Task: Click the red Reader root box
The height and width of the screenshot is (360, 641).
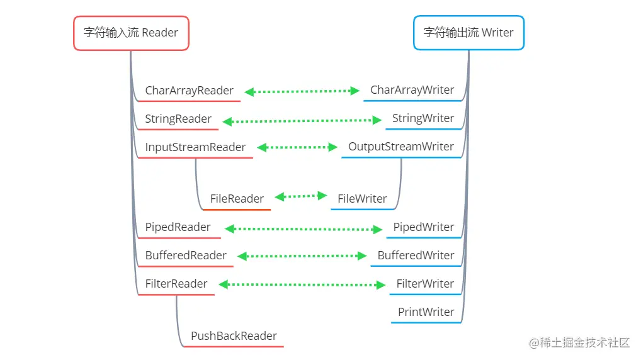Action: click(x=131, y=33)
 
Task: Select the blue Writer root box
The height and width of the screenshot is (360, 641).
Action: click(x=469, y=33)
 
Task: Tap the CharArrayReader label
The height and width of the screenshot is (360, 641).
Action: click(x=190, y=91)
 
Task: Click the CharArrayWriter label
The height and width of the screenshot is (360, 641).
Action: click(x=412, y=90)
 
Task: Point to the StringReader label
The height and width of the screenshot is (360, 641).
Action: click(x=178, y=119)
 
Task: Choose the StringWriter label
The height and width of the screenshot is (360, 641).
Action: click(x=423, y=118)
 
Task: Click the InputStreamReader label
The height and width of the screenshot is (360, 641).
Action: click(x=195, y=147)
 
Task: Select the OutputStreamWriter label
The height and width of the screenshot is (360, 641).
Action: click(x=401, y=147)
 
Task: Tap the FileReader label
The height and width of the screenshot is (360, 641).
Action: click(x=237, y=199)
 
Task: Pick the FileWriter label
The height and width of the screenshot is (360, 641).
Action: click(x=362, y=199)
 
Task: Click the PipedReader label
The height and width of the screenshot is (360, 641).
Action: click(x=178, y=227)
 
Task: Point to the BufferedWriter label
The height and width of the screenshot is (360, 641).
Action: click(x=416, y=256)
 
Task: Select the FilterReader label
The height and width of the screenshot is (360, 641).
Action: click(x=176, y=284)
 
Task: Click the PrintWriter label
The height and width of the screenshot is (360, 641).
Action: click(x=426, y=312)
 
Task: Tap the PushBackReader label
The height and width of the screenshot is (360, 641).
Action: click(x=234, y=336)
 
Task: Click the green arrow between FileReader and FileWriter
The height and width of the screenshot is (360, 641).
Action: click(x=301, y=196)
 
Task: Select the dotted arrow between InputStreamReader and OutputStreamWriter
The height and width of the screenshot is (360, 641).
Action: click(x=297, y=147)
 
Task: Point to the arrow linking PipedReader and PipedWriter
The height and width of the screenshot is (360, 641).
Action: click(x=303, y=229)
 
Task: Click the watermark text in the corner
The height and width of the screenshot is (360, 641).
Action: click(x=579, y=342)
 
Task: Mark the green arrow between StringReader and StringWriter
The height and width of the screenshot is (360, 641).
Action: click(x=302, y=121)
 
